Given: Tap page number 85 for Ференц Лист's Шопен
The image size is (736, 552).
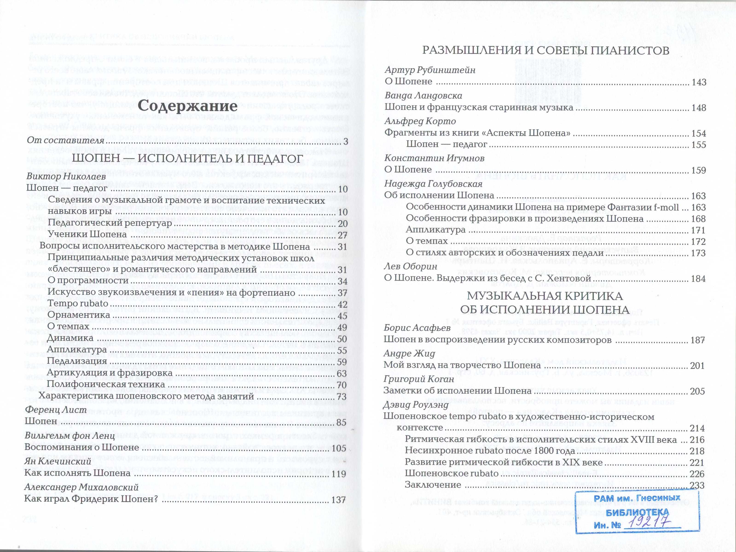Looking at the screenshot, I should pos(341,422).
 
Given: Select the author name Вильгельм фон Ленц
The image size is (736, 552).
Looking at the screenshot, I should pos(70,436).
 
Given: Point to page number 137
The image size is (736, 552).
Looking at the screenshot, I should pos(339,500).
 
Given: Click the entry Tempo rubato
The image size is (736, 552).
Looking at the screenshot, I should pos(78,304).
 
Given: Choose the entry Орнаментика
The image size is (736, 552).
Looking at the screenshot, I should pos(78,315).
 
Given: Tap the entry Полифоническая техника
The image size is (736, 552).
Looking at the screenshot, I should pos(106,384).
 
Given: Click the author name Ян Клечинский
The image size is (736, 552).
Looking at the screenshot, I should pos(58,461).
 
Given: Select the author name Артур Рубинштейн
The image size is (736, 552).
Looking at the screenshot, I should pos(430,70).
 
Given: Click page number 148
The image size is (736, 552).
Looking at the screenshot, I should pos(698,108).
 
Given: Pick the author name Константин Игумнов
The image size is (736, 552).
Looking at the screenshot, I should pos(434,158).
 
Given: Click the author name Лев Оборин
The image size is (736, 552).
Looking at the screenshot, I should pos(410,266).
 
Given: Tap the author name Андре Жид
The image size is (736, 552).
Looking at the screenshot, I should pos(409,353).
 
